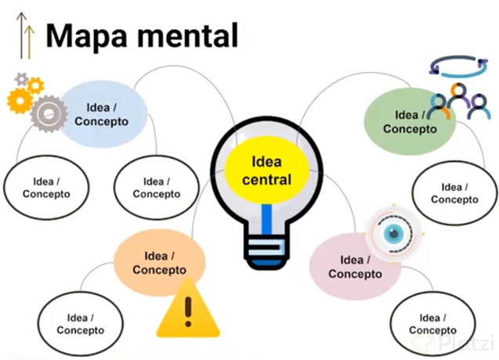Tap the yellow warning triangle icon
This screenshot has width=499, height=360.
pos(186,308)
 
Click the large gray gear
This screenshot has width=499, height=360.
pos(49,113)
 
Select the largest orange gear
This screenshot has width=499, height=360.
pos(19,101)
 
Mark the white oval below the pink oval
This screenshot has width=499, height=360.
pos(429,323)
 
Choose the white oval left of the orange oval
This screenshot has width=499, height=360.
pos(80,324)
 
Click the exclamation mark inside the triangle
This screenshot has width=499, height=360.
pos(186,311)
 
